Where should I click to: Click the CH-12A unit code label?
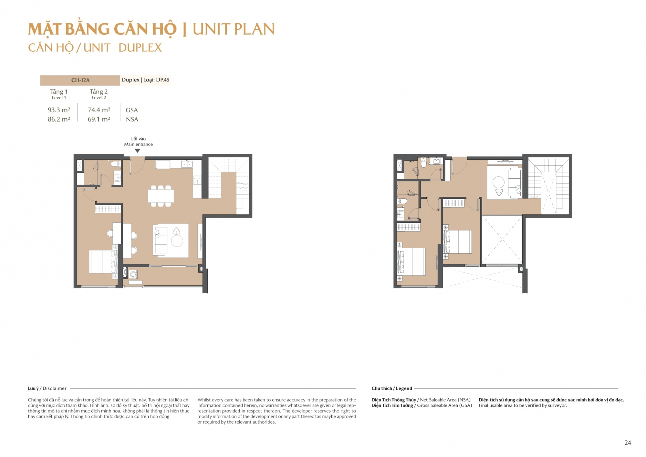click(x=80, y=80)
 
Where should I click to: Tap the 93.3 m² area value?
click(x=59, y=110)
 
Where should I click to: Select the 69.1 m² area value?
click(x=99, y=119)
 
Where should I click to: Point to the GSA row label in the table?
click(x=132, y=110)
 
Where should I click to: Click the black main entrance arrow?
click(x=138, y=151)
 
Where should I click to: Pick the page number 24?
click(x=628, y=443)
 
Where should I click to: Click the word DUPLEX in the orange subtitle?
click(x=140, y=48)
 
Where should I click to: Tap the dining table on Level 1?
click(x=161, y=196)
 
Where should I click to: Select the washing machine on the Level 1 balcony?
click(x=133, y=274)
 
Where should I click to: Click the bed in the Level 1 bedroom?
click(x=103, y=262)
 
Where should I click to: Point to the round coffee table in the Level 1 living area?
click(x=177, y=241)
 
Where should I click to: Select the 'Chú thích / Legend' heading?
click(x=392, y=388)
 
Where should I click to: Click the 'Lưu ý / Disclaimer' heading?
click(x=47, y=388)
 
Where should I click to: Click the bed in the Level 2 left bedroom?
click(x=411, y=262)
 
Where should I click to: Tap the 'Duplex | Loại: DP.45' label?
click(x=145, y=80)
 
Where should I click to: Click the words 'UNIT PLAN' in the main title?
click(x=234, y=29)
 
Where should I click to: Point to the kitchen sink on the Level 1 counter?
click(x=187, y=164)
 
